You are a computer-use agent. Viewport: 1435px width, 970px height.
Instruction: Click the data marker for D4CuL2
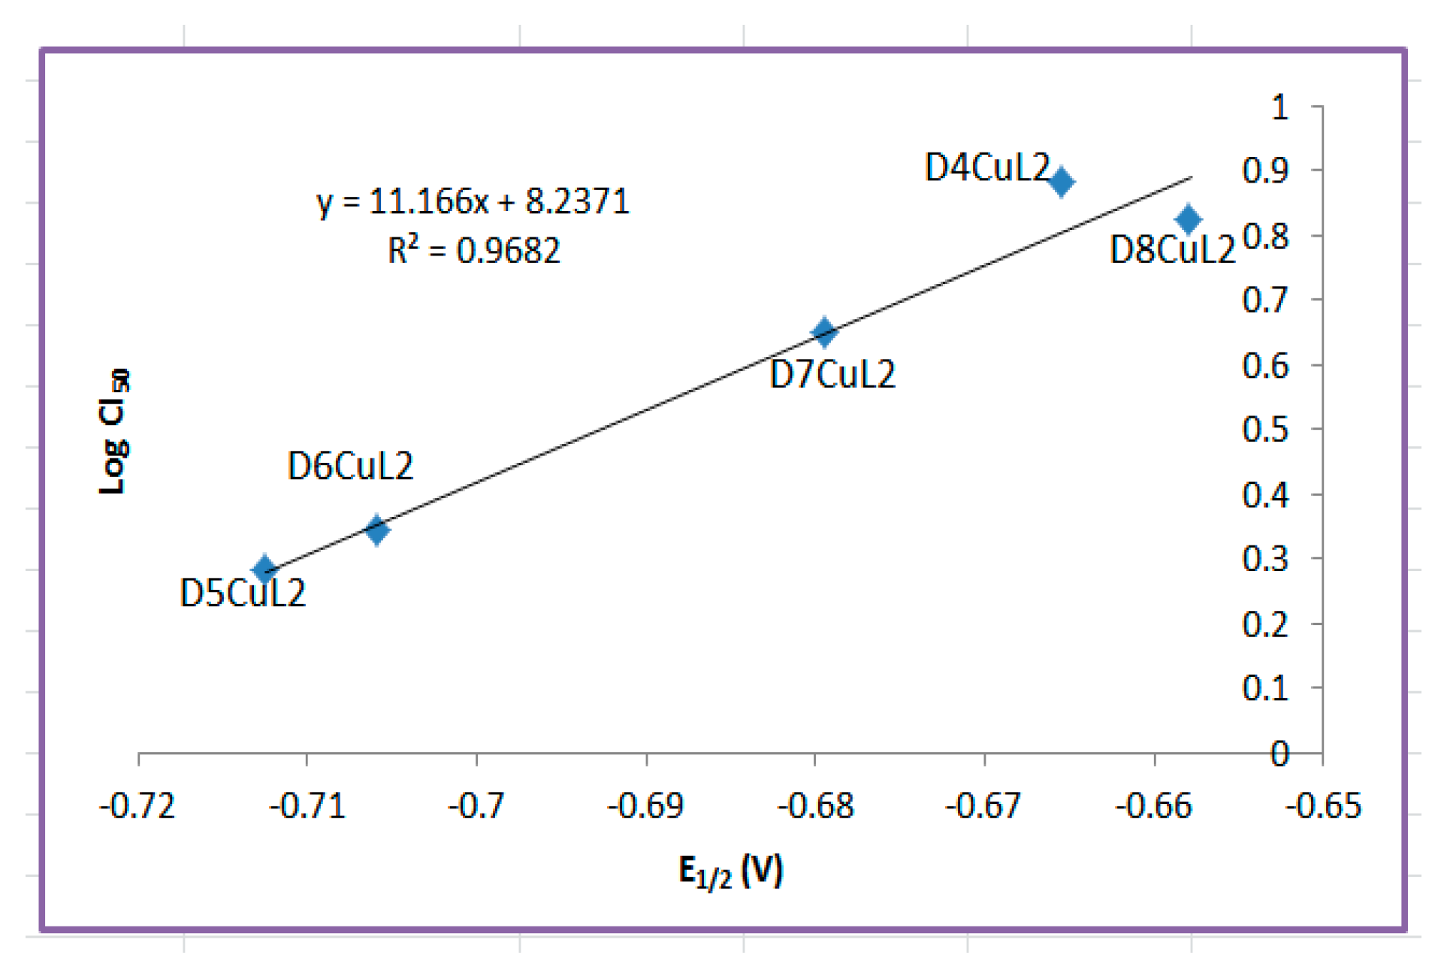pyautogui.click(x=1060, y=181)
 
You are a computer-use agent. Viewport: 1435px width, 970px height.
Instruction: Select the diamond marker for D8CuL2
pyautogui.click(x=1187, y=219)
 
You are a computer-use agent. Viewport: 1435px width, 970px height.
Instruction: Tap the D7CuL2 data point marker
pyautogui.click(x=824, y=331)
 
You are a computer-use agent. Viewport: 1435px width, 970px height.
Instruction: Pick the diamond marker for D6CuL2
pyautogui.click(x=376, y=530)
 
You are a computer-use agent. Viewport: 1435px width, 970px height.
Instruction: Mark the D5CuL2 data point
pyautogui.click(x=264, y=569)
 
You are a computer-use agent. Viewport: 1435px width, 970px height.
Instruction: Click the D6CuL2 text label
pyautogui.click(x=350, y=467)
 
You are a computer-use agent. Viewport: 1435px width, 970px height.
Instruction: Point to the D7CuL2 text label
pyautogui.click(x=832, y=374)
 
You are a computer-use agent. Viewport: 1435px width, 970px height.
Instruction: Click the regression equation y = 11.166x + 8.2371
pyautogui.click(x=473, y=201)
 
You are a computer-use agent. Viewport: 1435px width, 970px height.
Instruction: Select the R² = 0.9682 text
pyautogui.click(x=473, y=250)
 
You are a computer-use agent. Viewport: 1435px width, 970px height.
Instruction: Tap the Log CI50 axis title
pyautogui.click(x=113, y=431)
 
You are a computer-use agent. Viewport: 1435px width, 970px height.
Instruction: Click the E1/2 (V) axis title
pyautogui.click(x=730, y=872)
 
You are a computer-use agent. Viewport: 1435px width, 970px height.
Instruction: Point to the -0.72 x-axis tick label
pyautogui.click(x=137, y=806)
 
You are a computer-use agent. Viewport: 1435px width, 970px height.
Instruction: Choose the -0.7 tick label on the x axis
pyautogui.click(x=476, y=806)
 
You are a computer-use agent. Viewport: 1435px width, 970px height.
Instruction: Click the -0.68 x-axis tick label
pyautogui.click(x=815, y=806)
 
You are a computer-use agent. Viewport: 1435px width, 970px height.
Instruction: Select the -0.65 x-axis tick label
pyautogui.click(x=1322, y=806)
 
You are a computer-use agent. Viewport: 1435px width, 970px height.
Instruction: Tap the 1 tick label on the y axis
pyautogui.click(x=1279, y=107)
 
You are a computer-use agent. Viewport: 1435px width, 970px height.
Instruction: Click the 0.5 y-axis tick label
pyautogui.click(x=1265, y=429)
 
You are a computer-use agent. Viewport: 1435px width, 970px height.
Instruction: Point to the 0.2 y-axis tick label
pyautogui.click(x=1265, y=624)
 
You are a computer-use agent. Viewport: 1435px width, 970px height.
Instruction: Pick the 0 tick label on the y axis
pyautogui.click(x=1279, y=754)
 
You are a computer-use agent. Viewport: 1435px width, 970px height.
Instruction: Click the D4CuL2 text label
pyautogui.click(x=986, y=167)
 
